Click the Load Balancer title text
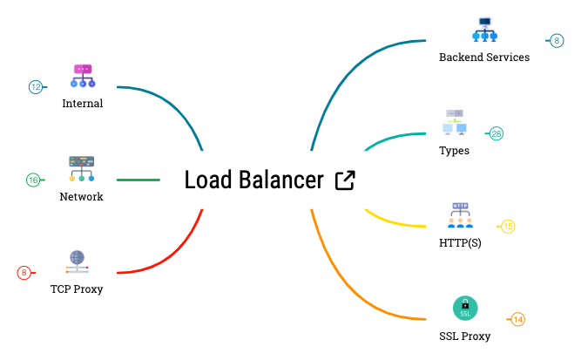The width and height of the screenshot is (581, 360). click(x=253, y=180)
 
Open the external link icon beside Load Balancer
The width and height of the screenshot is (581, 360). click(x=345, y=180)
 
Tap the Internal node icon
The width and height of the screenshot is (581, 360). click(x=83, y=75)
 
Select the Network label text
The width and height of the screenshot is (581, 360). click(x=81, y=197)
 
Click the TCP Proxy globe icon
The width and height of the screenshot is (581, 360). click(x=78, y=259)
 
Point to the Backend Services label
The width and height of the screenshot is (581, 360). click(x=483, y=58)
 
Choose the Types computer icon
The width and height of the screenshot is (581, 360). click(x=455, y=123)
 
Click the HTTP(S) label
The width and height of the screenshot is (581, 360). click(x=460, y=243)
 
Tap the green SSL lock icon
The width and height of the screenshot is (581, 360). click(x=465, y=308)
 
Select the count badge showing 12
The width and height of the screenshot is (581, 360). click(x=36, y=86)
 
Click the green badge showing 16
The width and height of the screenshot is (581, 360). click(x=33, y=180)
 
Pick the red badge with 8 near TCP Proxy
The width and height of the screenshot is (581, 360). click(x=24, y=273)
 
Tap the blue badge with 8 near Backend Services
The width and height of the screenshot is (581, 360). click(x=557, y=40)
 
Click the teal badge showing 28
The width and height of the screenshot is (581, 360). click(x=496, y=133)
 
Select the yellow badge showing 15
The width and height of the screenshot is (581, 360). click(x=508, y=227)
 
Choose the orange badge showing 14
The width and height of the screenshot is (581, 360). click(x=517, y=320)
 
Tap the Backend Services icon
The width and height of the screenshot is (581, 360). click(x=484, y=30)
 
